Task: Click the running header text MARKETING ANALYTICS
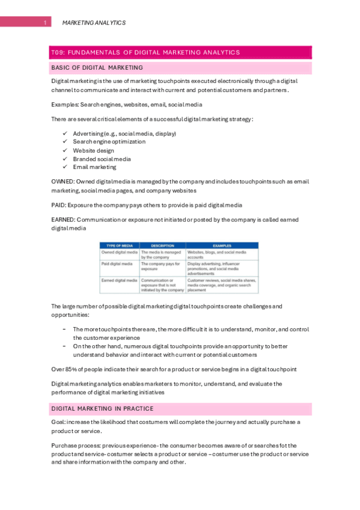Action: pos(94,23)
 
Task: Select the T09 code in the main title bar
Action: pos(58,52)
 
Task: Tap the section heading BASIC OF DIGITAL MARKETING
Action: pos(97,67)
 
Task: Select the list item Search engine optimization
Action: pos(109,142)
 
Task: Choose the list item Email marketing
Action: pos(94,167)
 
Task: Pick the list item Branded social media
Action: pos(102,159)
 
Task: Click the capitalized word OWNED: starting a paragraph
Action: pos(63,182)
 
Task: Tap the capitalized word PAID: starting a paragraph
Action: pos(59,205)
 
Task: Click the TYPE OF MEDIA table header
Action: pos(119,245)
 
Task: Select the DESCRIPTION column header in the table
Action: pos(162,245)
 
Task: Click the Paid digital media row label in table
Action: pos(117,263)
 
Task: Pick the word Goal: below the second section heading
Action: pos(59,422)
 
